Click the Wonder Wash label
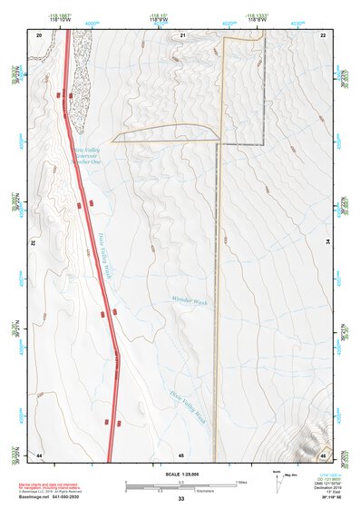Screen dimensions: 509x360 click(189, 301)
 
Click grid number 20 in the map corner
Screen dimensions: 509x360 click(39, 34)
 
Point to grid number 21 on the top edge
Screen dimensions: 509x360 click(182, 34)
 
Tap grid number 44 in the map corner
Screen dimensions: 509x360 click(39, 454)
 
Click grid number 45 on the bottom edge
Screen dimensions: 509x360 click(181, 454)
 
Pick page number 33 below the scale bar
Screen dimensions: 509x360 click(181, 499)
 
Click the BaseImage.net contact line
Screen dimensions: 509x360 click(49, 497)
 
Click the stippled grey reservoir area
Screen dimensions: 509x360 click(80, 77)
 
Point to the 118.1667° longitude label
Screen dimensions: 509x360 click(62, 16)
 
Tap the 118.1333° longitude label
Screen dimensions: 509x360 click(259, 16)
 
